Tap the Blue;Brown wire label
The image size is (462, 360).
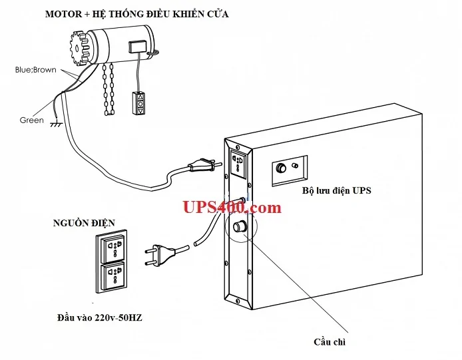(36, 70)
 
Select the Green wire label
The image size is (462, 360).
(32, 120)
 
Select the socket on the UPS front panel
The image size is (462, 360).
(238, 162)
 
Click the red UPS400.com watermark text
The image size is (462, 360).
(232, 208)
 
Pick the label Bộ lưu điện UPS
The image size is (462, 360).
(336, 191)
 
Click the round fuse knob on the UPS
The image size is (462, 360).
(240, 226)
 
